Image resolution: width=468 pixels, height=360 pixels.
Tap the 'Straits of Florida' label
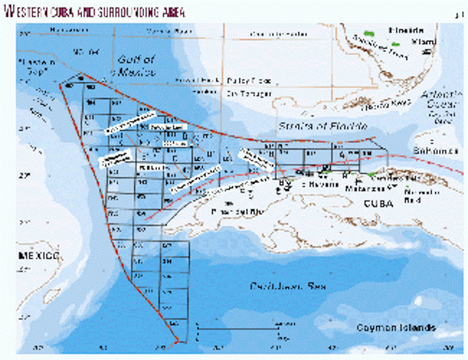coord(323,126)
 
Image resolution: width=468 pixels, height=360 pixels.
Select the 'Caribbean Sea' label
coord(288,287)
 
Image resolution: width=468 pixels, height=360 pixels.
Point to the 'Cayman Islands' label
coord(396,328)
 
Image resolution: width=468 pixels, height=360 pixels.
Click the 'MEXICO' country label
coord(39,256)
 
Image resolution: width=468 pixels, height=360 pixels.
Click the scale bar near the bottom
coord(238,330)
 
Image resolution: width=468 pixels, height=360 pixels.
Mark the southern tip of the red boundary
coord(176,341)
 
